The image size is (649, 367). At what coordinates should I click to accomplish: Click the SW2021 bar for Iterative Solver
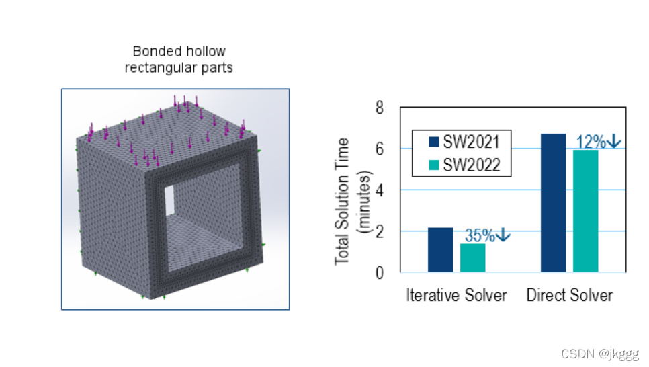(440, 249)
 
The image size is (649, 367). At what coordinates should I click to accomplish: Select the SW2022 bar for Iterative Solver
(473, 258)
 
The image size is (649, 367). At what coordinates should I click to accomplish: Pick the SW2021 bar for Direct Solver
(553, 202)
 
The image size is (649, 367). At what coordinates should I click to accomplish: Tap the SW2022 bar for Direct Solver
(585, 211)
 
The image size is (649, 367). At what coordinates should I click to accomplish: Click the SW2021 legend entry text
(472, 142)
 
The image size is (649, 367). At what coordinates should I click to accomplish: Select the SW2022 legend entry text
(472, 165)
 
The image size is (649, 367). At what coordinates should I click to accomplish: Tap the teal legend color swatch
(434, 165)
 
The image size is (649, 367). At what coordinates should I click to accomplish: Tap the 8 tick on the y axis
(380, 107)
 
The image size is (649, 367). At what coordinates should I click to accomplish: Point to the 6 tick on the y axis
(380, 149)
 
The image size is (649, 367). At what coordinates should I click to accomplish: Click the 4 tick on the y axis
(380, 190)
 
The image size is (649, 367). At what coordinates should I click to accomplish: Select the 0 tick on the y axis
(380, 273)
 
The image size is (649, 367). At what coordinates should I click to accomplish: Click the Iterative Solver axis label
(456, 295)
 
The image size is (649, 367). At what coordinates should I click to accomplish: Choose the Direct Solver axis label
(570, 295)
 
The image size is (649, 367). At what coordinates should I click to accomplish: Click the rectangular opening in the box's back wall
(170, 197)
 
